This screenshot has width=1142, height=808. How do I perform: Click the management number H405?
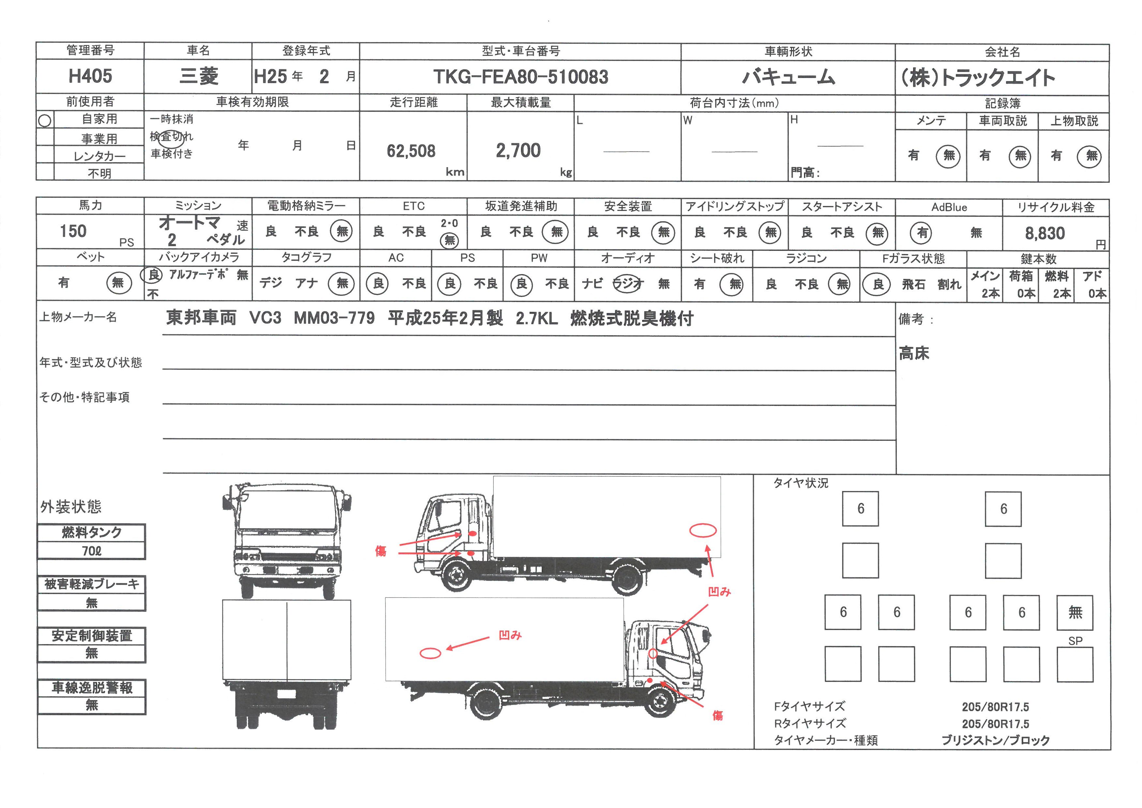click(x=90, y=76)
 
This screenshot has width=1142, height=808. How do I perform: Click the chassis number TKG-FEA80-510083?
click(x=520, y=77)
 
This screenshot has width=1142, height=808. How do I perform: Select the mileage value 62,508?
click(x=411, y=151)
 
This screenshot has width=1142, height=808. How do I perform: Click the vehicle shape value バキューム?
click(x=788, y=77)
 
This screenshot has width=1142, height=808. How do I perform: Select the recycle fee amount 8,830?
click(x=1045, y=233)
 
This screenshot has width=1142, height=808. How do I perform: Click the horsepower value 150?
click(x=73, y=231)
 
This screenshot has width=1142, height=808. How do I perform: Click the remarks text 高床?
click(x=914, y=353)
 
